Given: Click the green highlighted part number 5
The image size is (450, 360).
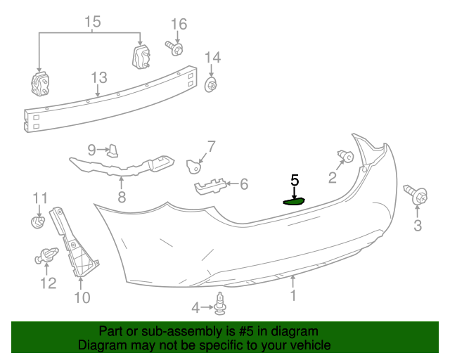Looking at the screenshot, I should pos(293,201).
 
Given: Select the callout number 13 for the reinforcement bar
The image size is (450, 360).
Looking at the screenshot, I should pos(98,77).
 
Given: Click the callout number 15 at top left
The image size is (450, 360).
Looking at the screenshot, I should pos(93,22).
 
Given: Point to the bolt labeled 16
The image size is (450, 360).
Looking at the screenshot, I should pos(175,48).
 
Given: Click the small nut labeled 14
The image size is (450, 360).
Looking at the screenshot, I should pos(210,86).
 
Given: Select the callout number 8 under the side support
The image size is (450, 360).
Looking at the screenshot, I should pos(122,198).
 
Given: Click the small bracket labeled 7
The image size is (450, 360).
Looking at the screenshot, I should pos(193,166).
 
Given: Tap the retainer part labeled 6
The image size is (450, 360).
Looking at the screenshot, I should pos(211,186).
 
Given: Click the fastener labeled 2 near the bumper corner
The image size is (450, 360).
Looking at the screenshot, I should pos(345,155).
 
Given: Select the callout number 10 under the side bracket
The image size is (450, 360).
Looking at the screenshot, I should pos(82,297).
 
